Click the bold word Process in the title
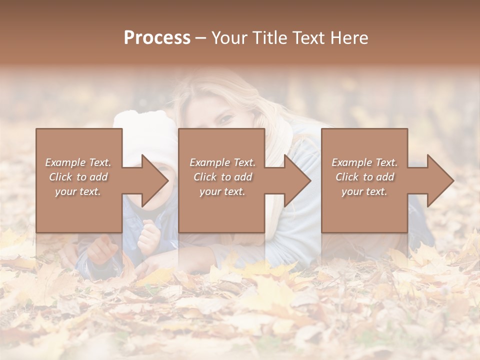coord(157,38)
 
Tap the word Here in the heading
coord(349,38)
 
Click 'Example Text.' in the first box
coord(78,162)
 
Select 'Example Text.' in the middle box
coord(222,162)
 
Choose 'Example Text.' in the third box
coord(364,162)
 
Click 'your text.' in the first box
coord(78,191)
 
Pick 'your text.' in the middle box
coord(222,191)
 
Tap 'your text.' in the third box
coord(364,191)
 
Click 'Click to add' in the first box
coord(78,177)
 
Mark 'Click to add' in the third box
coord(364,177)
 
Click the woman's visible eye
coord(226,120)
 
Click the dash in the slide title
coord(200,38)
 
